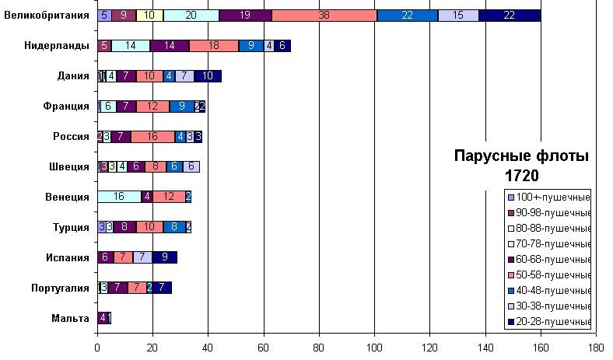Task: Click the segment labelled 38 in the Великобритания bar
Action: [324, 16]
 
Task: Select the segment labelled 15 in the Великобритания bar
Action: [458, 16]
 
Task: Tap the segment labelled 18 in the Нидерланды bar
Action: [214, 46]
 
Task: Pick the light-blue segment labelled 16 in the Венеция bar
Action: [119, 197]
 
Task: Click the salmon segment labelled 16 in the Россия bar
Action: [152, 137]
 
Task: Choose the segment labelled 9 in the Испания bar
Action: [165, 257]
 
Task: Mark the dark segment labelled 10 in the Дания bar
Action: [208, 76]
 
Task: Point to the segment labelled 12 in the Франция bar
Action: [153, 107]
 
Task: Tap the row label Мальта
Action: [69, 318]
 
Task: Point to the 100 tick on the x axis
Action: [374, 349]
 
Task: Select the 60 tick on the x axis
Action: [264, 349]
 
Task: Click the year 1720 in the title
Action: [521, 176]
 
